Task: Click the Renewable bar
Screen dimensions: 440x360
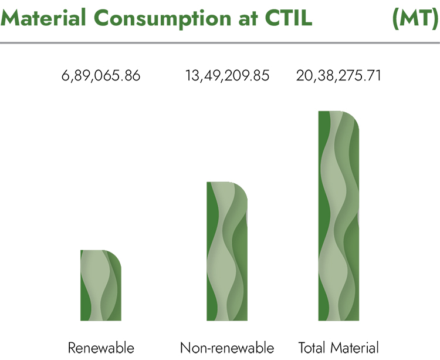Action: [101, 285]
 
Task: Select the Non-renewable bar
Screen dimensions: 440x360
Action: [227, 251]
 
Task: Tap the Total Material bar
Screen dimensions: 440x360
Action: [339, 216]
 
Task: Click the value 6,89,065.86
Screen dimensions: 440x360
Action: [101, 76]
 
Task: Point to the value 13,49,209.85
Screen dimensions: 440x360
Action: [227, 76]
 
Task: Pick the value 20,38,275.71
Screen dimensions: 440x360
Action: [339, 76]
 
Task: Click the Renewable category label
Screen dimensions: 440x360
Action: [101, 348]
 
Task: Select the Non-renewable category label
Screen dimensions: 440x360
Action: [227, 348]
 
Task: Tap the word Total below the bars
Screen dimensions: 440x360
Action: [312, 348]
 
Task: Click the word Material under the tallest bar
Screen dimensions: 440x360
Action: [355, 348]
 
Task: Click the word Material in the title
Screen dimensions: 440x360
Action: [43, 18]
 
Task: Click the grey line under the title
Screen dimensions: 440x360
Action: [220, 43]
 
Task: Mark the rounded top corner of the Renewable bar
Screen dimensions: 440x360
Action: [117, 254]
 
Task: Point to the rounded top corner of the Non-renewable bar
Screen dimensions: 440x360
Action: [243, 186]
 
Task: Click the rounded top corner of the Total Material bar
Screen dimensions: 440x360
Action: [355, 115]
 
